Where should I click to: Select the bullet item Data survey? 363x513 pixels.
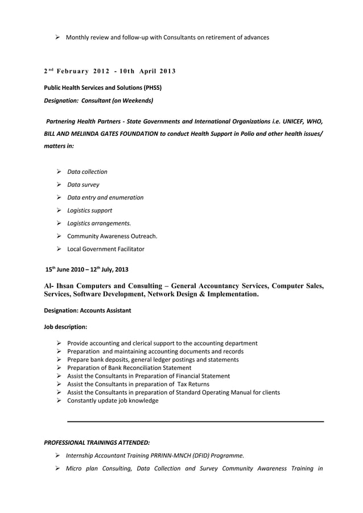tap(83, 185)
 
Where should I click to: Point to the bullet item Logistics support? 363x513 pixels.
tap(89, 210)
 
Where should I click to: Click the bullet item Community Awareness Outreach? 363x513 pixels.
tap(112, 236)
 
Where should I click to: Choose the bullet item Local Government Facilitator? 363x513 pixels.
tap(105, 249)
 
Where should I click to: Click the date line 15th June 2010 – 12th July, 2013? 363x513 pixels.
tap(89, 269)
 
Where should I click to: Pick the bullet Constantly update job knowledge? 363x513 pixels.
tap(113, 401)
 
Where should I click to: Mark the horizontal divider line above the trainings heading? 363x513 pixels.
tap(195, 422)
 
